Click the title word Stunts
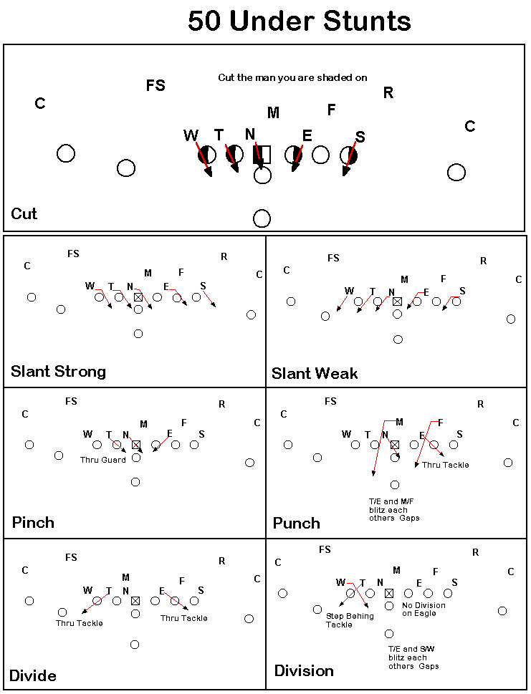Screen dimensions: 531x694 (x=367, y=21)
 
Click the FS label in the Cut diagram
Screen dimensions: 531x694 (x=156, y=85)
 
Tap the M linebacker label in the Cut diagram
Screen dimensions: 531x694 (x=273, y=113)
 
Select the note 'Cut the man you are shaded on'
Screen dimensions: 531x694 (x=292, y=77)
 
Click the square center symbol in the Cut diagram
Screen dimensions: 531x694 (x=262, y=155)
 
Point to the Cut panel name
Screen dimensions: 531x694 (x=24, y=213)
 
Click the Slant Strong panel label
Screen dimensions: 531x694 (x=59, y=371)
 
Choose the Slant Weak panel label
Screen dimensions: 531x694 (x=315, y=374)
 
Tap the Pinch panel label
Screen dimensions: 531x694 (x=33, y=522)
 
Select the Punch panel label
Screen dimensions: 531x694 (x=296, y=523)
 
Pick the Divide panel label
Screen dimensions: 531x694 (x=33, y=676)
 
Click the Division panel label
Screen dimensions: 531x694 (x=304, y=670)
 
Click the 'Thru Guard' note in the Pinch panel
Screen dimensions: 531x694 (x=102, y=460)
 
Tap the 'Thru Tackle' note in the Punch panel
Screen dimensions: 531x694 (x=446, y=465)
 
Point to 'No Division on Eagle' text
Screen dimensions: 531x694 (x=424, y=609)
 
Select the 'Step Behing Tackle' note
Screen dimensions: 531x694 (x=350, y=620)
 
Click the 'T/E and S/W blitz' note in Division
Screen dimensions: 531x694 (x=413, y=657)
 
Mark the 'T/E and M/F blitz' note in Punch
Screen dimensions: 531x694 (x=394, y=509)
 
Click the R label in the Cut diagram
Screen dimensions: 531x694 (x=388, y=92)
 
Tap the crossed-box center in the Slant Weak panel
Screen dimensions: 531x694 (x=397, y=302)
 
